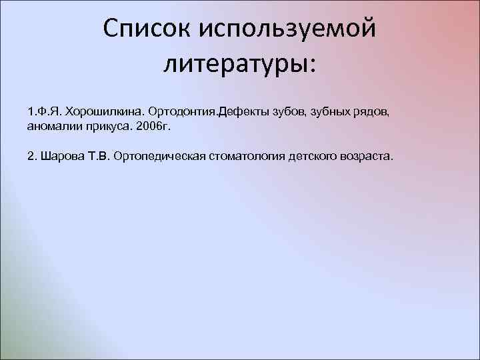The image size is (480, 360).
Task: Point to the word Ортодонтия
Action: pyautogui.click(x=182, y=109)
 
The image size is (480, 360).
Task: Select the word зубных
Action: pyautogui.click(x=330, y=109)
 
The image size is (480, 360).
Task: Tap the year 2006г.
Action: pyautogui.click(x=154, y=125)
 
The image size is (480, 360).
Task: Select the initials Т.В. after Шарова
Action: pyautogui.click(x=97, y=157)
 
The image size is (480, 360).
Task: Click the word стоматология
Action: pyautogui.click(x=244, y=157)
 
